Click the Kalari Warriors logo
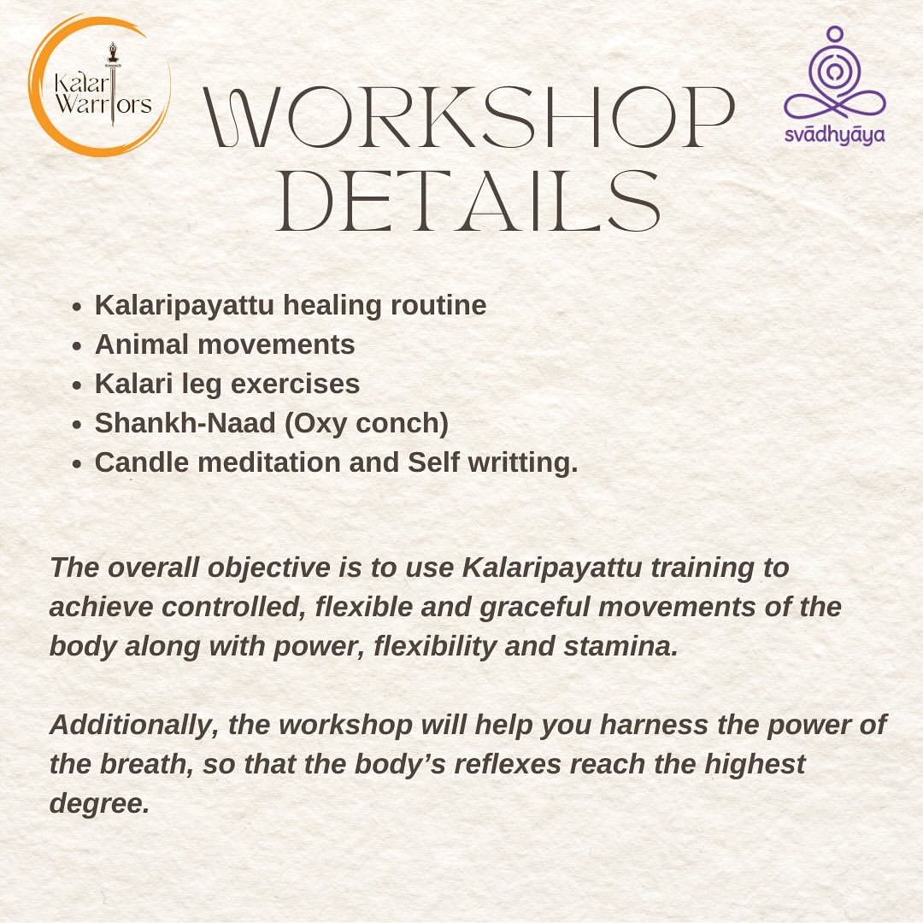(x=100, y=86)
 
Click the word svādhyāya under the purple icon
(x=835, y=135)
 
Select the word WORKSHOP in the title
(x=469, y=116)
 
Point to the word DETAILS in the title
(x=468, y=201)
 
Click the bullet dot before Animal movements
(x=77, y=346)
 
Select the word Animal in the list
(x=142, y=344)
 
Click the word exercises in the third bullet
(x=295, y=384)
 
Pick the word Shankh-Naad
(x=185, y=423)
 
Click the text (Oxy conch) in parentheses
(x=366, y=424)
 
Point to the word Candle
(x=142, y=462)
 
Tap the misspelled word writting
(x=523, y=463)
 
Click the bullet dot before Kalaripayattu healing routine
(x=77, y=307)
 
